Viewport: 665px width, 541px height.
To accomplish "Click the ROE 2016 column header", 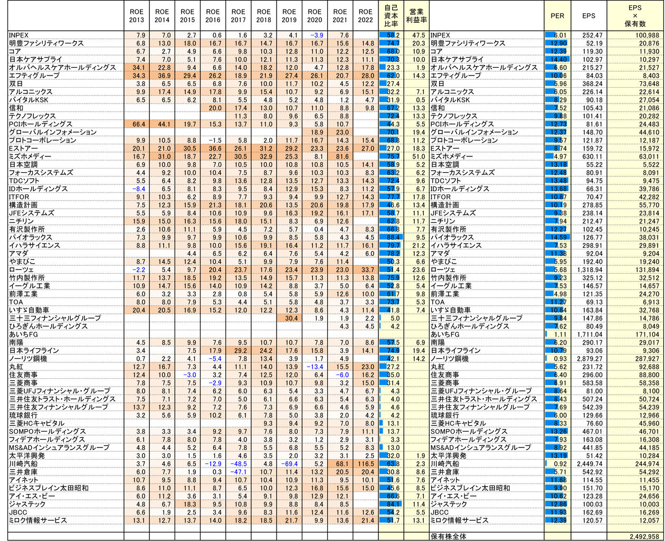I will coord(213,16).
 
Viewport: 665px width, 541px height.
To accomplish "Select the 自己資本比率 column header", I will coord(391,16).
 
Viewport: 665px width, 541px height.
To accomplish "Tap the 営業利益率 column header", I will coord(416,16).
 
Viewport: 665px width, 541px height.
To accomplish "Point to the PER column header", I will coord(557,16).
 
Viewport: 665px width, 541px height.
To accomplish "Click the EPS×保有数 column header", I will coord(635,16).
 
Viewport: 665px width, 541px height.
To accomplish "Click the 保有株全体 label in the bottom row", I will coord(449,537).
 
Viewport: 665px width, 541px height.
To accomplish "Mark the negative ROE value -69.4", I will coord(289,464).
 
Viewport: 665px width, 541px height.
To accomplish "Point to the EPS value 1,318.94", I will coord(584,270).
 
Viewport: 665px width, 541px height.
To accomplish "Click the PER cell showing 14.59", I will coord(557,238).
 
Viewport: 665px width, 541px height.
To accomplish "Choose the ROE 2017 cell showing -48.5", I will coord(239,464).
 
